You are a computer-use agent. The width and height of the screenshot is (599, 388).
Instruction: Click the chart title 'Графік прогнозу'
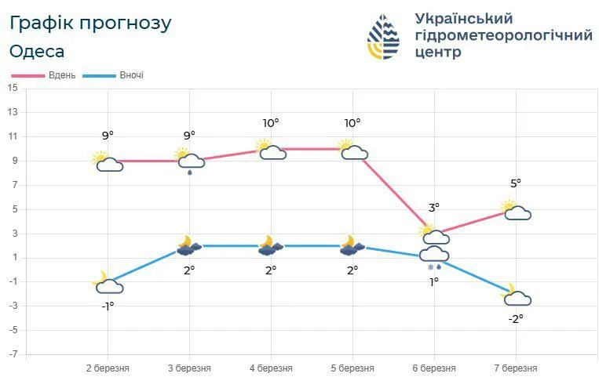[x=90, y=23]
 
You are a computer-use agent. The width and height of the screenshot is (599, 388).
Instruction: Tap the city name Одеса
[x=37, y=52]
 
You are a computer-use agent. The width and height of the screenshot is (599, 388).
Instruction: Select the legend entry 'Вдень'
[x=60, y=75]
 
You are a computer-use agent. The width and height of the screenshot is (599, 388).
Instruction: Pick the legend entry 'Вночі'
[x=131, y=75]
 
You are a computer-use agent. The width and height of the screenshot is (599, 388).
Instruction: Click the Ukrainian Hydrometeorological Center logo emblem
[x=383, y=36]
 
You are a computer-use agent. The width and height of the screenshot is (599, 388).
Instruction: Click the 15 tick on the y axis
[x=12, y=88]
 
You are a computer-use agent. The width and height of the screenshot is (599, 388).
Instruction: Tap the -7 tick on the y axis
[x=12, y=354]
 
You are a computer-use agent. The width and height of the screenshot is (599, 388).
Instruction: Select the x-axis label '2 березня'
[x=108, y=368]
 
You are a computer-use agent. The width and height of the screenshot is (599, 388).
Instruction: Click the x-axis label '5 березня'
[x=352, y=368]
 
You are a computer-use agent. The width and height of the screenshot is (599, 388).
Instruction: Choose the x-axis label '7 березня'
[x=516, y=368]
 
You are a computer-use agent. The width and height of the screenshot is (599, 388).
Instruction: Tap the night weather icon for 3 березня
[x=188, y=246]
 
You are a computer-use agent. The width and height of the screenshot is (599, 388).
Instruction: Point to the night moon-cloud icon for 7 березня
[x=515, y=295]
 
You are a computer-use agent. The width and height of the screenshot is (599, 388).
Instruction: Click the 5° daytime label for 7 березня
[x=516, y=183]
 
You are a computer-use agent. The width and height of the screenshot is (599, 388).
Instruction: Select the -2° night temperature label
[x=515, y=318]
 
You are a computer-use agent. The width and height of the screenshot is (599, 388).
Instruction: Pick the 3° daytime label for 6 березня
[x=434, y=208]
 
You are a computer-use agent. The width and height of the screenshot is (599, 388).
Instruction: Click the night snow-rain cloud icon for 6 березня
[x=433, y=256]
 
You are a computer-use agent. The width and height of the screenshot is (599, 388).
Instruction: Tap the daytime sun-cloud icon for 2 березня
[x=107, y=161]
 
